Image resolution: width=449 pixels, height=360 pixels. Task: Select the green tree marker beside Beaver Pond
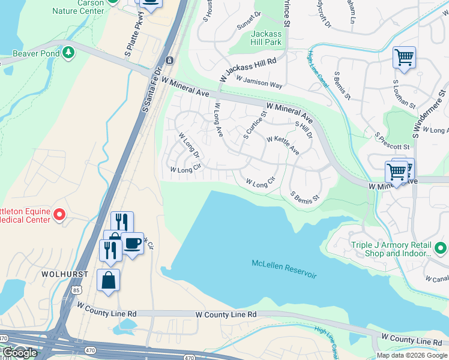tap(69, 53)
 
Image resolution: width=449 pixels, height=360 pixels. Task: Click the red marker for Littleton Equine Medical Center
tap(59, 214)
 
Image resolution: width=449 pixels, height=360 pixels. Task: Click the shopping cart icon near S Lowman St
tap(404, 58)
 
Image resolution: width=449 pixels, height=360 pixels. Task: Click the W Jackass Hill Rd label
tap(247, 69)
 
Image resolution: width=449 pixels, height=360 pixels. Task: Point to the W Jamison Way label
tap(259, 82)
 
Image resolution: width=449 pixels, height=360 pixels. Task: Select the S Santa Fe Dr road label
tap(153, 90)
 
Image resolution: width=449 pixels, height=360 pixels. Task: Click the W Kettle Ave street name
tap(279, 143)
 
